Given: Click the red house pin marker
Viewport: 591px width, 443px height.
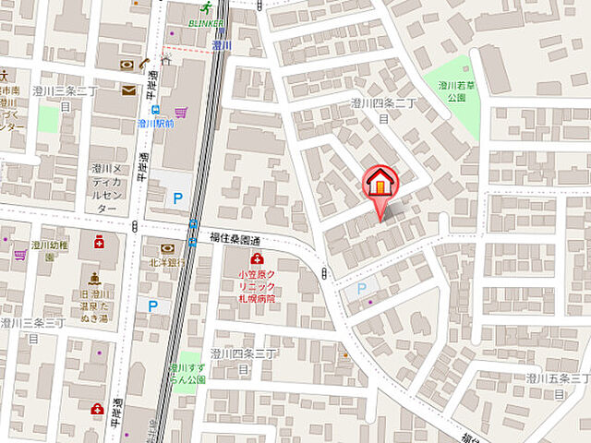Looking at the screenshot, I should coord(380,183).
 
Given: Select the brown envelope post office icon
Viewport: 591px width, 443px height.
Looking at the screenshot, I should coord(128,90).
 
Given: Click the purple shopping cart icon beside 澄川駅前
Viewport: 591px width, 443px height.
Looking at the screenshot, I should coord(181,113).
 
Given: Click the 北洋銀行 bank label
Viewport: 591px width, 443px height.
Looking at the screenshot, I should coord(167,262).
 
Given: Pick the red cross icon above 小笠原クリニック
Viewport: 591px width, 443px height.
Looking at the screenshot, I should coord(258,259).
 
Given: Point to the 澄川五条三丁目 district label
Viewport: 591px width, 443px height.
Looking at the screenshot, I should coord(557,385).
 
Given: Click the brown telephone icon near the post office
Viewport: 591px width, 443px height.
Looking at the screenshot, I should coord(145,65).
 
